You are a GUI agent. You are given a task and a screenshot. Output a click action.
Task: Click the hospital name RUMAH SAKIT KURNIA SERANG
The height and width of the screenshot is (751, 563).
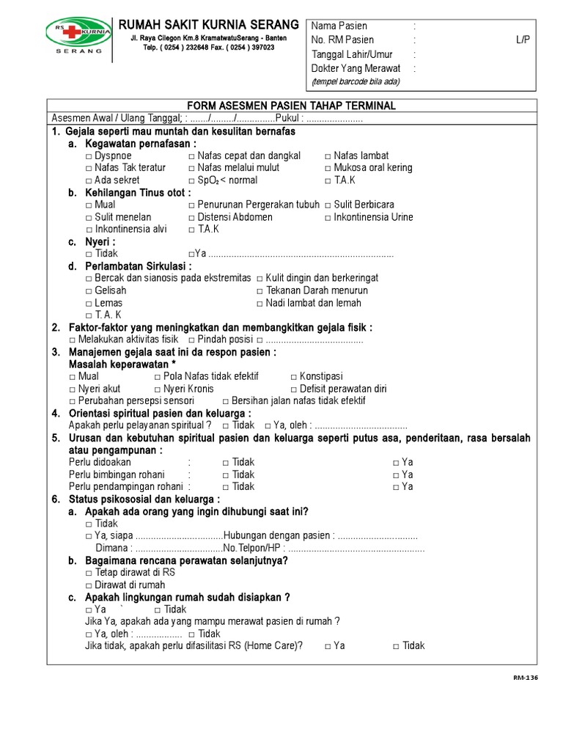point(209,25)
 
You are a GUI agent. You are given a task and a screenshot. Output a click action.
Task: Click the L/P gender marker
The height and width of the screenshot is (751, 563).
point(522,40)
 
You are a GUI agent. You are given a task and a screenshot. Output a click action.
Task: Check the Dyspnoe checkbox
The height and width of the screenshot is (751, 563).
point(89,156)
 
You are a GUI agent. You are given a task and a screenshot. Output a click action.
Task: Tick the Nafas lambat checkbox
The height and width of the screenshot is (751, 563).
point(328,156)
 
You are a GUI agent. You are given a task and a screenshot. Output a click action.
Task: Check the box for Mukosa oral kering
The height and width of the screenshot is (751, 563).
point(328,168)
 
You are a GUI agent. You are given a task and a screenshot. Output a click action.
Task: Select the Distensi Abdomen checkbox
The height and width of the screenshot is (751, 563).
point(192,218)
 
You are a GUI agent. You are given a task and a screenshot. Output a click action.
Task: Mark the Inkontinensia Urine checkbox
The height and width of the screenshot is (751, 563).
point(328,218)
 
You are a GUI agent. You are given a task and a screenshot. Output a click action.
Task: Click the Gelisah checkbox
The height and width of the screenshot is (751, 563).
point(89,291)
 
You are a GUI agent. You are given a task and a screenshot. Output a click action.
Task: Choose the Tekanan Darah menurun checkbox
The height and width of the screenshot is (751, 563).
point(260,291)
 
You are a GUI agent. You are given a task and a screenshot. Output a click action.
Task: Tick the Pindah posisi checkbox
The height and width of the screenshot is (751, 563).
point(191,340)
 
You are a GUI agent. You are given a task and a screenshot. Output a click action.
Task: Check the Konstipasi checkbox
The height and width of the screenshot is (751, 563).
point(294,377)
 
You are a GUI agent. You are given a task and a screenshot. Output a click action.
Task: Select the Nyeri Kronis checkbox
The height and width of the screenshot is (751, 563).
point(158,389)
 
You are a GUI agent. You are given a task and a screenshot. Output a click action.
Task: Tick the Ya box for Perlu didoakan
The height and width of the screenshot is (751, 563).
point(396,463)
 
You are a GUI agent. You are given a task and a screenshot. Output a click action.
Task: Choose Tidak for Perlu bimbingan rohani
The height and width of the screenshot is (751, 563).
point(226,475)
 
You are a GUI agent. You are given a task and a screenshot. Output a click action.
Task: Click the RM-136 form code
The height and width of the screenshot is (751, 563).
point(525,678)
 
